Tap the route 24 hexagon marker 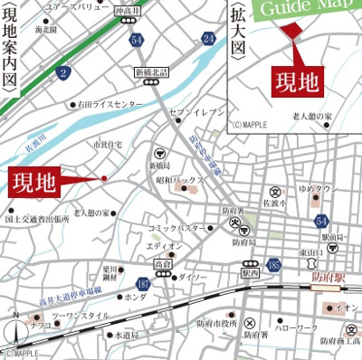[209, 37]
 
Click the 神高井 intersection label [126, 10]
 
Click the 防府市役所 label [217, 323]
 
